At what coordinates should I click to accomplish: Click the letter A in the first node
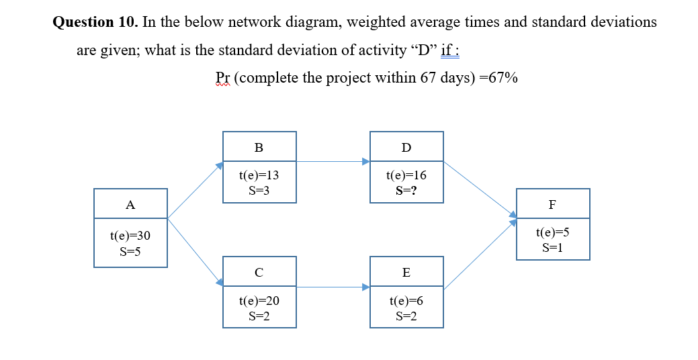click(x=130, y=205)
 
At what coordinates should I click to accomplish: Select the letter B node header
click(x=259, y=147)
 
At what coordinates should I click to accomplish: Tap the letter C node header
click(x=259, y=272)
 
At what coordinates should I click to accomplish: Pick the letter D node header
click(x=406, y=147)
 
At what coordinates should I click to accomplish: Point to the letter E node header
click(x=406, y=272)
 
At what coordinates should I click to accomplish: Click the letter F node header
click(x=552, y=205)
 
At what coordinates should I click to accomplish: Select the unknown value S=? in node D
click(x=406, y=191)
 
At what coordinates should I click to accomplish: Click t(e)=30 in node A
click(x=130, y=236)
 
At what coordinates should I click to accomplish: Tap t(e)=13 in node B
click(x=259, y=175)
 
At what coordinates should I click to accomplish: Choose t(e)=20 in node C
click(x=259, y=302)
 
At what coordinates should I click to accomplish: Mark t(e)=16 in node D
click(x=406, y=175)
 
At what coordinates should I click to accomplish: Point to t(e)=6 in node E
click(x=406, y=302)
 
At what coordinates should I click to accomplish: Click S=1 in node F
click(x=552, y=248)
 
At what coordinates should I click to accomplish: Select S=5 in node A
click(x=130, y=252)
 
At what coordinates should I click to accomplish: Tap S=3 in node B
click(x=259, y=191)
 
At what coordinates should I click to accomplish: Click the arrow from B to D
click(x=333, y=161)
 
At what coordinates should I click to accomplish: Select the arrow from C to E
click(x=333, y=287)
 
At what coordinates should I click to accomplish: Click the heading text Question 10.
click(x=95, y=22)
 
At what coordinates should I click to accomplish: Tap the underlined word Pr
click(x=222, y=78)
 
